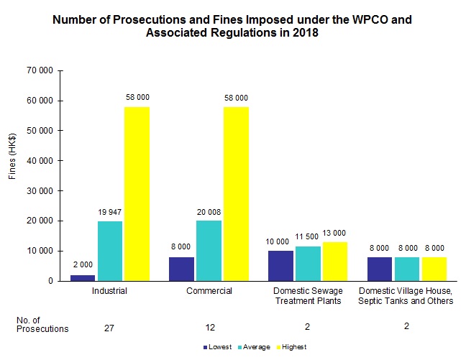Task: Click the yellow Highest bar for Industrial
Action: [137, 194]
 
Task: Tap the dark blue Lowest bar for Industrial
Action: [83, 278]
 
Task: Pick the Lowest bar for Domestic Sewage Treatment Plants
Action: [280, 266]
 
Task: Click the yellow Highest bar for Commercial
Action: [236, 194]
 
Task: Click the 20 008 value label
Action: [209, 212]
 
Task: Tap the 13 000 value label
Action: [334, 233]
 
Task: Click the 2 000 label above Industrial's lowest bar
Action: [83, 266]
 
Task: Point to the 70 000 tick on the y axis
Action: [39, 71]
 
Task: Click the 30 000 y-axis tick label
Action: [39, 191]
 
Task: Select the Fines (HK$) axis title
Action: [13, 176]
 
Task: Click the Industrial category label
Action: [110, 291]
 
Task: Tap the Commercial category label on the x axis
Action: [209, 291]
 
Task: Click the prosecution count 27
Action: [110, 328]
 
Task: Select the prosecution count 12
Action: [209, 328]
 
